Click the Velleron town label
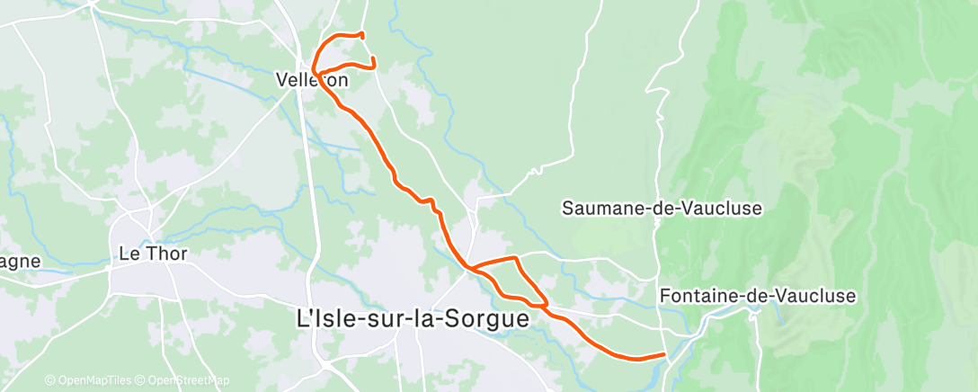312,80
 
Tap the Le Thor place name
153,254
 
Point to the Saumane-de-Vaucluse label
662,209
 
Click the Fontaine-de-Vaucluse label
758,296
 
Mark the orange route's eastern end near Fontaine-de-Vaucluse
664,354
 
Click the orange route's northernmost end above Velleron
361,34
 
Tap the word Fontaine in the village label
693,296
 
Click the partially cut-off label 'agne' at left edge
20,262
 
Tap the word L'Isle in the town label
321,318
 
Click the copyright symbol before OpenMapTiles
50,380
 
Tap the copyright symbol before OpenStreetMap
141,380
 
